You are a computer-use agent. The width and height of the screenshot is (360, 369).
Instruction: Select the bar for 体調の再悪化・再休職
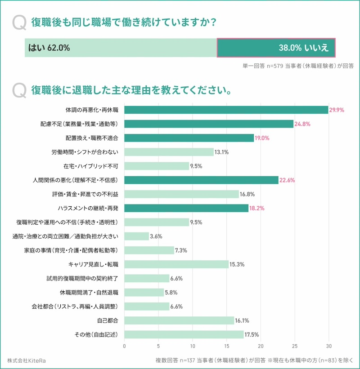226,110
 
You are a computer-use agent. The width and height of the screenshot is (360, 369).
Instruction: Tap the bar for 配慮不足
208,124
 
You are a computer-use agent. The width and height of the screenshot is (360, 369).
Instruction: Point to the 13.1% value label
222,152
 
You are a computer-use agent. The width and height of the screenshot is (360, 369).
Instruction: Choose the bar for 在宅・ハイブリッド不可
157,166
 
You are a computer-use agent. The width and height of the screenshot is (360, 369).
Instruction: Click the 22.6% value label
287,180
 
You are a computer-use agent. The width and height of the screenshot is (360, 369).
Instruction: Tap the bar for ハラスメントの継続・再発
186,208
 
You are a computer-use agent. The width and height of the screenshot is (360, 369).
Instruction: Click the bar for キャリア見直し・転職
176,264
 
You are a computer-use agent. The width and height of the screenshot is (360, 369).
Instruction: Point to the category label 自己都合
108,320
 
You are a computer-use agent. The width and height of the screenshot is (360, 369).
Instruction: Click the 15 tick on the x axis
226,346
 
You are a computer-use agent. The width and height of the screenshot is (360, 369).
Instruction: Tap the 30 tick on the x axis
328,346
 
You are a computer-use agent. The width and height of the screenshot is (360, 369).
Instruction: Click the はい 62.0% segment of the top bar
121,48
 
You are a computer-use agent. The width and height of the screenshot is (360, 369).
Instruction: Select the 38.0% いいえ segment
276,48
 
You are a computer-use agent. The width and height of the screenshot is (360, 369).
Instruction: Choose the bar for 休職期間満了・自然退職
144,293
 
